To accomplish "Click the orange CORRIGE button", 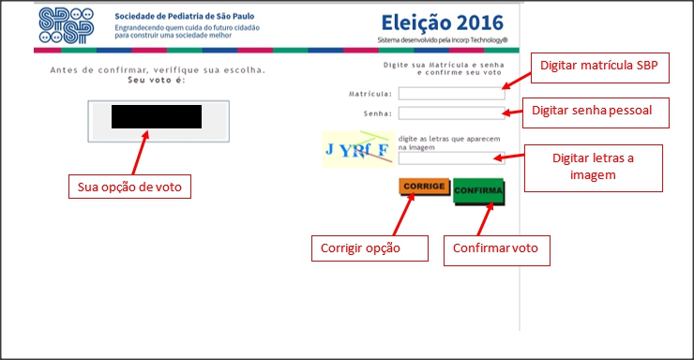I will click(x=424, y=187).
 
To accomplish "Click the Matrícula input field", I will click(x=451, y=93).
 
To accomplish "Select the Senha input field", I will click(x=451, y=113).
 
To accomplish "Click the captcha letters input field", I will click(x=451, y=157).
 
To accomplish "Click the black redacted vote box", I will click(x=157, y=116).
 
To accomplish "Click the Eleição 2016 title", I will click(x=442, y=22).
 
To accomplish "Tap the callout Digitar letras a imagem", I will click(x=593, y=166).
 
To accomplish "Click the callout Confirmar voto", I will click(x=495, y=247).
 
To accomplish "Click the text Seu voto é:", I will click(x=157, y=81).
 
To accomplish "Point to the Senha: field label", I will click(x=378, y=113).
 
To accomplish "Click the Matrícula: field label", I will click(x=370, y=94).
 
